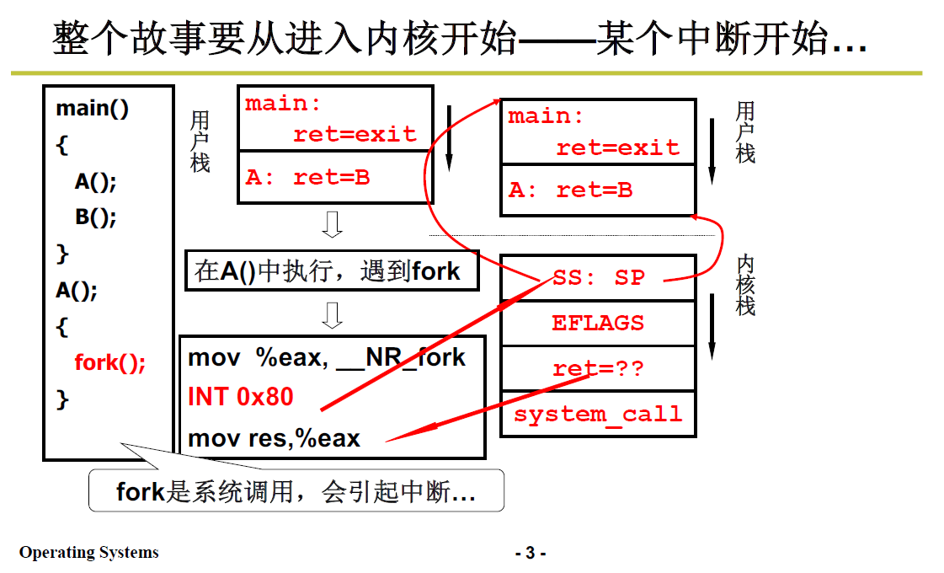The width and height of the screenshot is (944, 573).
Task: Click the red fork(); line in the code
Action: [x=110, y=363]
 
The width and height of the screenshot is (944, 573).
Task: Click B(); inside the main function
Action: [x=95, y=217]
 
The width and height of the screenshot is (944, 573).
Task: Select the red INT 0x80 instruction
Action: [x=240, y=396]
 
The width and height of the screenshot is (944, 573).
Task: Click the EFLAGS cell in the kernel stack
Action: [x=598, y=323]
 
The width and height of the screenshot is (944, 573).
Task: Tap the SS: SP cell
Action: [x=598, y=277]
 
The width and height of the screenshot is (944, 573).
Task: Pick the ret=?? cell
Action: [x=598, y=369]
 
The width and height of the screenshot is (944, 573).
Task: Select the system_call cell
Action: [x=598, y=414]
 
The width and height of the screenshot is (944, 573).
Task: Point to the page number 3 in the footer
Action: [x=530, y=554]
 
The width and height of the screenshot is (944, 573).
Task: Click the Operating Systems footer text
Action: [x=88, y=553]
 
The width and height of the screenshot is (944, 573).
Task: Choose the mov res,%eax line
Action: [x=274, y=438]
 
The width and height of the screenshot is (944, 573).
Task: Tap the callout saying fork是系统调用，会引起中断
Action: [x=296, y=491]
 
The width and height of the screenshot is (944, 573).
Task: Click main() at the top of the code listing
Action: [x=93, y=109]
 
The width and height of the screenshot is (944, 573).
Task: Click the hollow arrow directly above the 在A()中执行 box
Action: [x=333, y=225]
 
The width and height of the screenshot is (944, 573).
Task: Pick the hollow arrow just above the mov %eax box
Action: [x=333, y=314]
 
